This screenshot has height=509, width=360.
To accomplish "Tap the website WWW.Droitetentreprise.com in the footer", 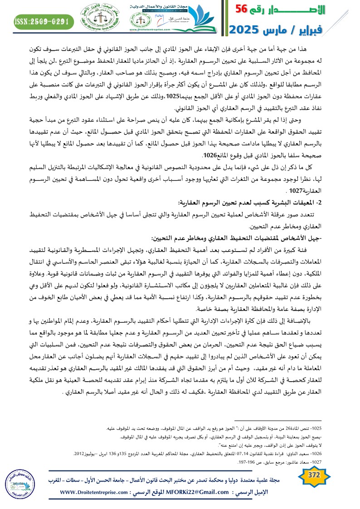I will click(x=100, y=492).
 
